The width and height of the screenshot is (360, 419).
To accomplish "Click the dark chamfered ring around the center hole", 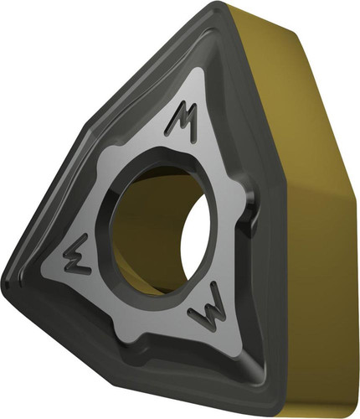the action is point(104,224).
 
